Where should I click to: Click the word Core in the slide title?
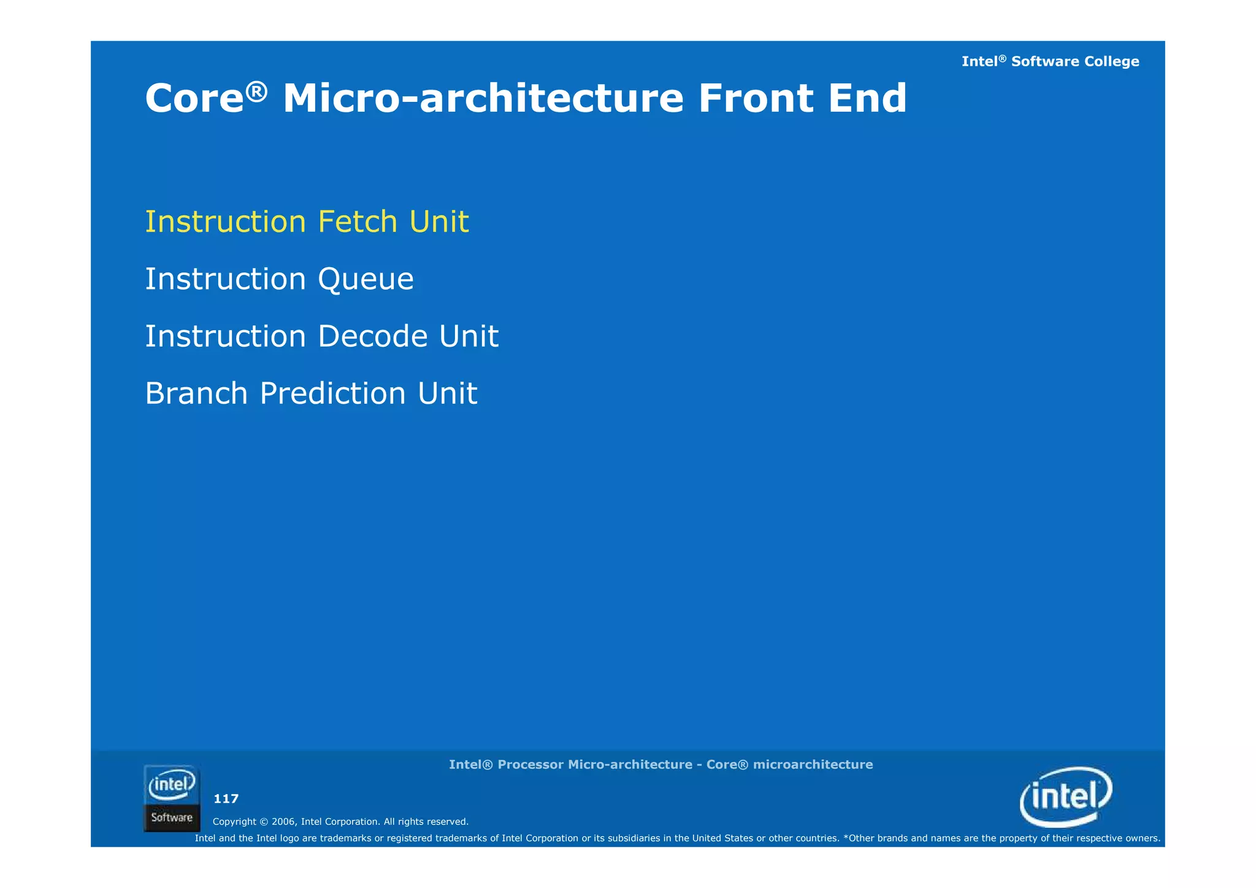pos(194,99)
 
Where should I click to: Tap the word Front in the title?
pos(755,99)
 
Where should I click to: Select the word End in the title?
pos(867,99)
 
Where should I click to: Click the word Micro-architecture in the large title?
pos(483,99)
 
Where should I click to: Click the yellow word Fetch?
pos(358,222)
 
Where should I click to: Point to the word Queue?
pos(366,280)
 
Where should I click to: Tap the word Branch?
pos(196,393)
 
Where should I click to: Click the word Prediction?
pos(332,393)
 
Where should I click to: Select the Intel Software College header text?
pos(1050,61)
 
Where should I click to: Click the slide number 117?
pos(226,798)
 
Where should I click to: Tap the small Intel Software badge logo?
pos(172,798)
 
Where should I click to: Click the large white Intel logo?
pos(1066,797)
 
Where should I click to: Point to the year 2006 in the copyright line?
pos(283,822)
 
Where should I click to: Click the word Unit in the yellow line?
pos(438,222)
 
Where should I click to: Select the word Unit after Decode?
pos(469,336)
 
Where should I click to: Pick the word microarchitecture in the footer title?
pos(813,765)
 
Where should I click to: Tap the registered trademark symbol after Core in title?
pos(257,91)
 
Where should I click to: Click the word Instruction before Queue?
pos(225,279)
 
